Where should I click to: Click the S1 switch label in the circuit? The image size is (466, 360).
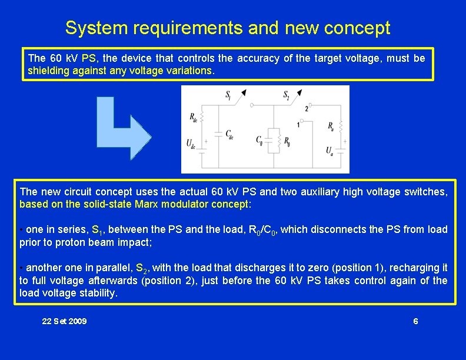click(x=228, y=95)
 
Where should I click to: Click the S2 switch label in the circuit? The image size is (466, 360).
click(x=287, y=95)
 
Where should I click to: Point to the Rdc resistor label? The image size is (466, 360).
click(x=194, y=117)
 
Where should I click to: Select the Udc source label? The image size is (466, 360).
click(x=191, y=143)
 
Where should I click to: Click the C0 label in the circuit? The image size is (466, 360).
click(x=259, y=140)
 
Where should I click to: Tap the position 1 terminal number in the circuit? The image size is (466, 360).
click(x=298, y=125)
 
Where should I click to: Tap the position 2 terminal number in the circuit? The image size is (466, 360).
click(x=307, y=109)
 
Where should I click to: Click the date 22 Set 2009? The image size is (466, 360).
click(x=64, y=321)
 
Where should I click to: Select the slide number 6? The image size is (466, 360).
click(x=415, y=321)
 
